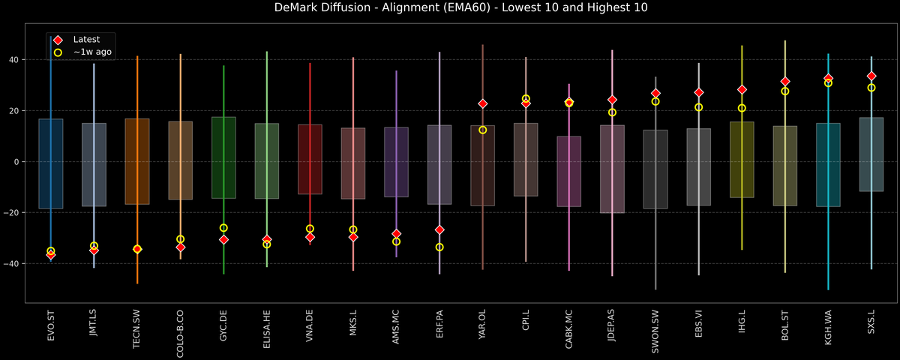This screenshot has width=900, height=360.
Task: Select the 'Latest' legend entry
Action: (85, 39)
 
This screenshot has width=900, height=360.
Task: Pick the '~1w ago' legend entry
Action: (88, 52)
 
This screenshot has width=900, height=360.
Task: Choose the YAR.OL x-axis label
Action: (483, 326)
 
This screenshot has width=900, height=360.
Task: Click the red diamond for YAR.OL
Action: (483, 103)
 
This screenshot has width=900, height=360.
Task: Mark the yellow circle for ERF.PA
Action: (439, 247)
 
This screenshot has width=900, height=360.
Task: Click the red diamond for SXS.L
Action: (871, 76)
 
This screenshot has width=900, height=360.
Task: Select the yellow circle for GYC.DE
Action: (223, 228)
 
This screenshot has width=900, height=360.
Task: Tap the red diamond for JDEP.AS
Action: (612, 100)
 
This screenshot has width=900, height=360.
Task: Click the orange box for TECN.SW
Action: (137, 161)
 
